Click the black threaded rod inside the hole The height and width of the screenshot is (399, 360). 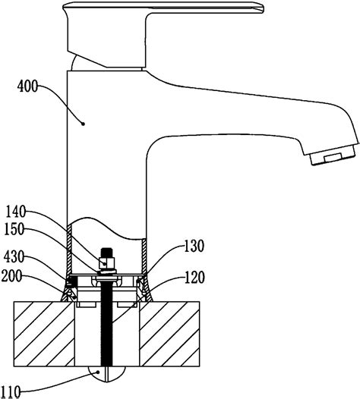(107, 326)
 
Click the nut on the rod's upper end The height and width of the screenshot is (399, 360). (107, 265)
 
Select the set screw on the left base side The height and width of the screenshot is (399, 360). (71, 282)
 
